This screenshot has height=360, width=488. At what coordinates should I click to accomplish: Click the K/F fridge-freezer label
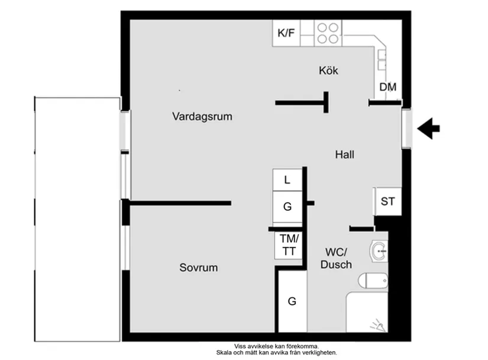[286, 33]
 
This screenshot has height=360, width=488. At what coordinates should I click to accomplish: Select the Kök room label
[328, 70]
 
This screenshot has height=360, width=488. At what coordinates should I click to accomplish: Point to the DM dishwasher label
[388, 88]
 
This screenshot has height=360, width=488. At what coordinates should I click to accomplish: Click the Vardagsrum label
[202, 117]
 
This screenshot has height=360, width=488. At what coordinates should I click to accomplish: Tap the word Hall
[345, 155]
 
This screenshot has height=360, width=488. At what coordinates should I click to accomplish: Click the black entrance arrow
[429, 127]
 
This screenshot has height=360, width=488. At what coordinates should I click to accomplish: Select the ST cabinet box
[387, 202]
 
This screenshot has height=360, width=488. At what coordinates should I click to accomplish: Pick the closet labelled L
[287, 180]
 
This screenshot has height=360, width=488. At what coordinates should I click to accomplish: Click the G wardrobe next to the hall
[287, 207]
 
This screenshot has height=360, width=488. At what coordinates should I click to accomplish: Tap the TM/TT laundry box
[289, 245]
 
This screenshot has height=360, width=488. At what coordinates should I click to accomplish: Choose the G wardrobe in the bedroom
[292, 301]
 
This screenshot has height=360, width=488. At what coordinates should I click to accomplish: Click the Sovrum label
[199, 268]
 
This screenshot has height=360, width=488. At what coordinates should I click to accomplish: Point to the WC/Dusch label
[336, 259]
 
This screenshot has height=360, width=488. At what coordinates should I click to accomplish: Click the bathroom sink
[379, 251]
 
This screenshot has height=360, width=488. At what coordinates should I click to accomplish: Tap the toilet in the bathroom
[374, 279]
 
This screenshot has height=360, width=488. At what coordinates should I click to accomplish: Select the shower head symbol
[377, 323]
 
